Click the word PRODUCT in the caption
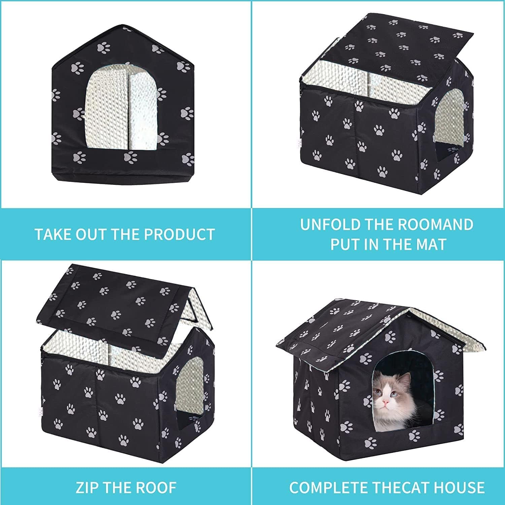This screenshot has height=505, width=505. pyautogui.click(x=181, y=234)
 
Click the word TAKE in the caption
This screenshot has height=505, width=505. pyautogui.click(x=54, y=234)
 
